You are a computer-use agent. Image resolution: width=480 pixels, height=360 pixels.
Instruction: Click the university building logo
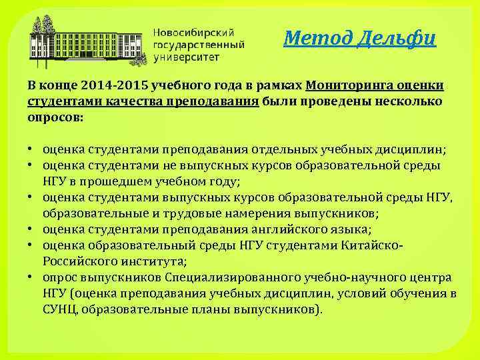87,41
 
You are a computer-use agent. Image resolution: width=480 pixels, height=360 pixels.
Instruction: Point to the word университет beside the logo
189,57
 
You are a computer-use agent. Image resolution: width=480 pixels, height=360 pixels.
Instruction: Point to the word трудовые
178,213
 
